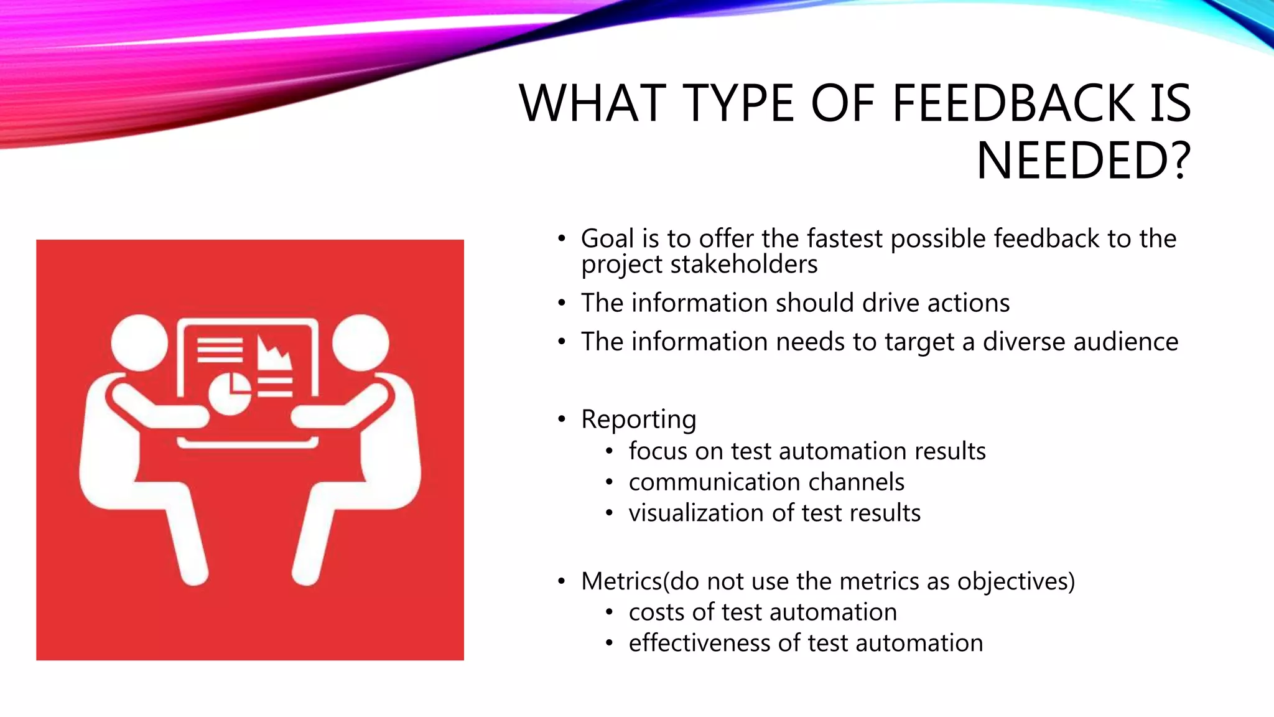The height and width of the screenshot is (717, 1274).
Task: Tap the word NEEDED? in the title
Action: pyautogui.click(x=1083, y=161)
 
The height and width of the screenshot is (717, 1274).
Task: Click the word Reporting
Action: pyautogui.click(x=638, y=419)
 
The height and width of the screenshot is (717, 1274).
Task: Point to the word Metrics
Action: pyautogui.click(x=621, y=581)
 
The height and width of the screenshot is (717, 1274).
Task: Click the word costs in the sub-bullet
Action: pyautogui.click(x=656, y=612)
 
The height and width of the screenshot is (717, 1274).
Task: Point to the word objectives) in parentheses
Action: pyautogui.click(x=1015, y=581)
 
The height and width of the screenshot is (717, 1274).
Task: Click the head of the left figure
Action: pyautogui.click(x=139, y=343)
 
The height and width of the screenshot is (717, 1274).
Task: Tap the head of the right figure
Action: pyautogui.click(x=360, y=343)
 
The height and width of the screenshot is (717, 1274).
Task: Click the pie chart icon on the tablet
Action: pyautogui.click(x=230, y=393)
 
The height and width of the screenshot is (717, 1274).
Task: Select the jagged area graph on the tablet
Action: pyautogui.click(x=274, y=354)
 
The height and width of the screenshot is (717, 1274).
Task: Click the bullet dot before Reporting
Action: pyautogui.click(x=562, y=419)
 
